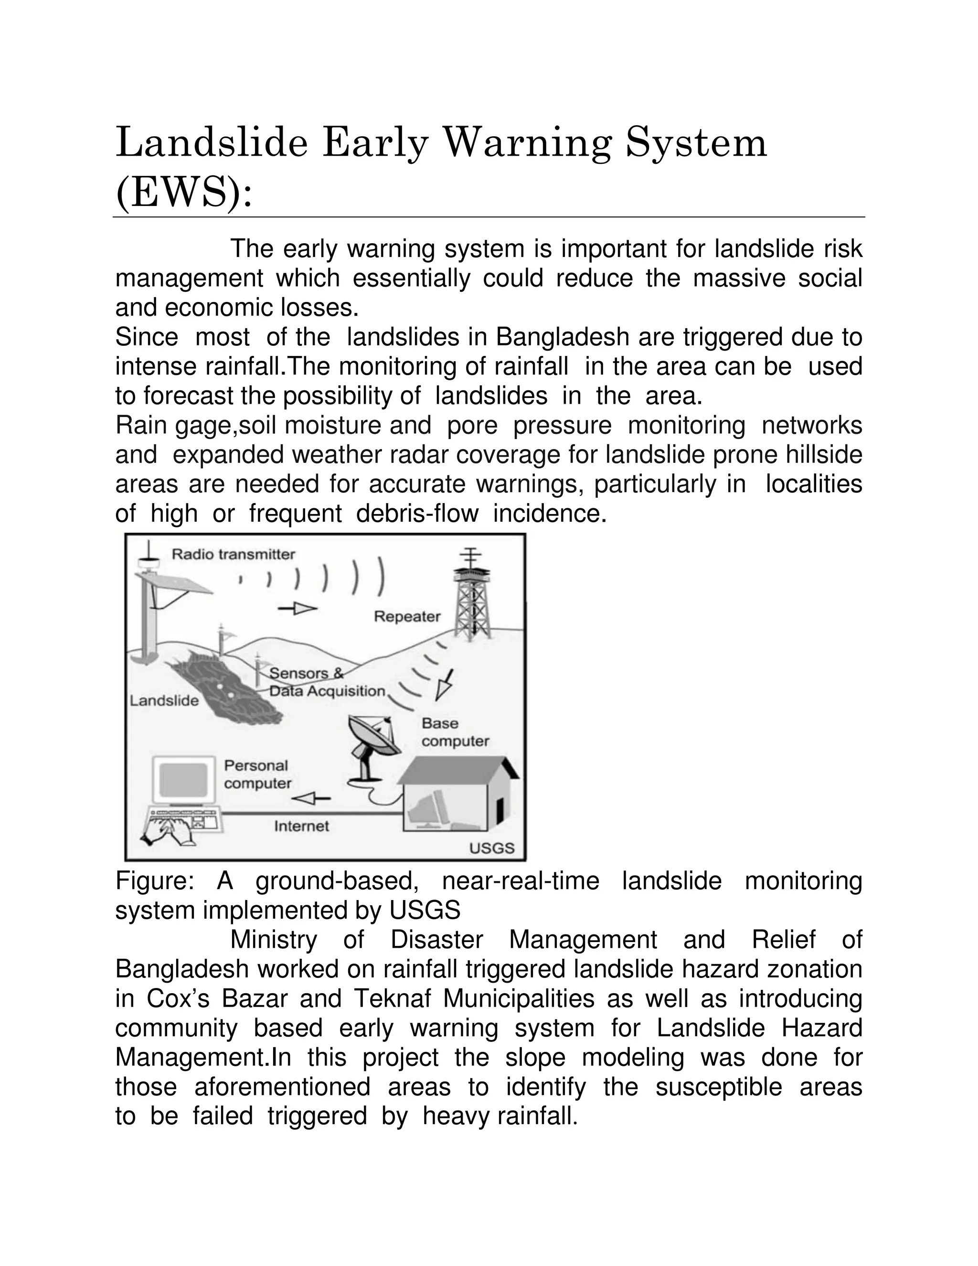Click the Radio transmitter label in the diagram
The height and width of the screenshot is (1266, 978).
[234, 554]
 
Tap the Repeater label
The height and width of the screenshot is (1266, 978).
[407, 616]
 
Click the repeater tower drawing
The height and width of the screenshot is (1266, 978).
[473, 597]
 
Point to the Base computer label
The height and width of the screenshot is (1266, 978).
[455, 732]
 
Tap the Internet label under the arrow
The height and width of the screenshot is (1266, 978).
[301, 826]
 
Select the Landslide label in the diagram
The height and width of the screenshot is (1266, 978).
[164, 700]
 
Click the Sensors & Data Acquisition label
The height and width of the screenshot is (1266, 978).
[327, 682]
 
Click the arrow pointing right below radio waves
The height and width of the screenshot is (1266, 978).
[297, 609]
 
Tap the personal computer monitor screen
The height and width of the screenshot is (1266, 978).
[183, 780]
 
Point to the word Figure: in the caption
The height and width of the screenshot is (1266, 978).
[154, 880]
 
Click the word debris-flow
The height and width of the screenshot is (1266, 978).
[417, 514]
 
